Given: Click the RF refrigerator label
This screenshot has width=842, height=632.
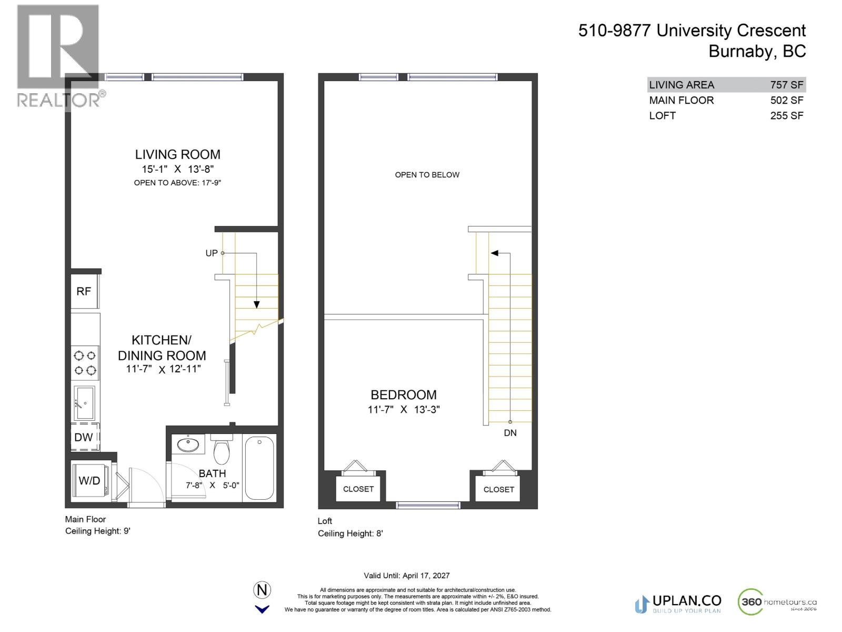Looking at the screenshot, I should tap(84, 291).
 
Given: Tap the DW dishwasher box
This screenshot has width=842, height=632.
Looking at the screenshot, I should tap(84, 437).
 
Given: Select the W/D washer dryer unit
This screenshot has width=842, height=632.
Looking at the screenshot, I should tap(89, 480).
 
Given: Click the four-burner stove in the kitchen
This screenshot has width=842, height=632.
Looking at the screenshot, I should tap(85, 363).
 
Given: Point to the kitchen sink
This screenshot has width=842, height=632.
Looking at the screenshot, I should tap(84, 403).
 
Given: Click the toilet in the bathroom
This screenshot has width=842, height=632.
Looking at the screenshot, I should tap(222, 449).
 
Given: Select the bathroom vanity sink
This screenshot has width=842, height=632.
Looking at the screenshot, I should tap(188, 445).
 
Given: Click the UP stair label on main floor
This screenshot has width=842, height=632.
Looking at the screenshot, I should tap(212, 253).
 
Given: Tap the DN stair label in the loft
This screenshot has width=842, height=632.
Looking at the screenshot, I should tap(510, 433).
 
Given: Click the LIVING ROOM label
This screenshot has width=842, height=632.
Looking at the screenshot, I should tap(177, 154).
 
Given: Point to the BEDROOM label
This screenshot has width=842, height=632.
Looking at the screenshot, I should tap(404, 395).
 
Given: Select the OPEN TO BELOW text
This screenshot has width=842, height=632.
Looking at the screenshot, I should tap(427, 175).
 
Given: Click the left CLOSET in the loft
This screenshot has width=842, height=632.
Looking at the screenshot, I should tap(358, 489).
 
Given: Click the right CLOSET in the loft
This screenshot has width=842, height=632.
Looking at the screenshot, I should tap(498, 490).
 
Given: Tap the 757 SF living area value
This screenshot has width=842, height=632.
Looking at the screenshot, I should tap(786, 85).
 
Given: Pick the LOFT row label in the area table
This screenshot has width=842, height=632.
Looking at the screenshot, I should tap(662, 116).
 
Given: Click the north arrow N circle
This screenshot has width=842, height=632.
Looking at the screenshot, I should tap(262, 590).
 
